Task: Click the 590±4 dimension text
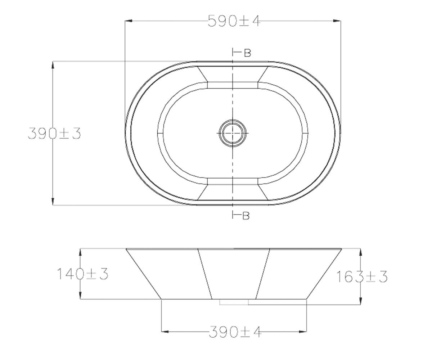(x=234, y=21)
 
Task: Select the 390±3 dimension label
(x=54, y=133)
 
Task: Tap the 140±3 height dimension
(x=82, y=274)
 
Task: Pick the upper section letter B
(x=247, y=53)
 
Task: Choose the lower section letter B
(x=246, y=216)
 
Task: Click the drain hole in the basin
(x=233, y=133)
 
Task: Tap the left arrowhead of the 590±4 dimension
(x=129, y=21)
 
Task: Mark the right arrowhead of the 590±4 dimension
(x=337, y=21)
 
